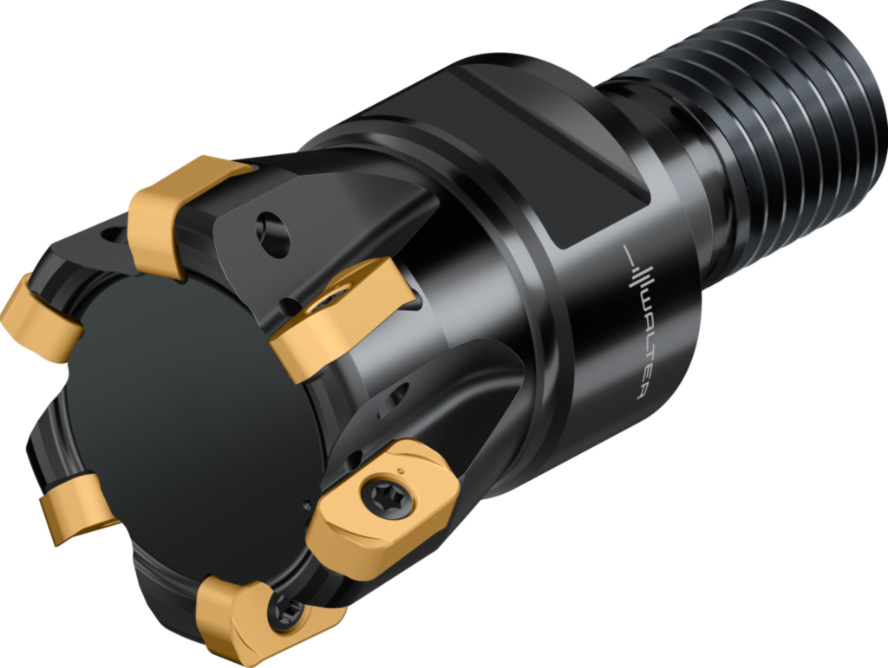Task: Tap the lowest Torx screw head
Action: click(x=285, y=615)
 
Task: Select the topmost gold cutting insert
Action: click(x=178, y=211)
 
